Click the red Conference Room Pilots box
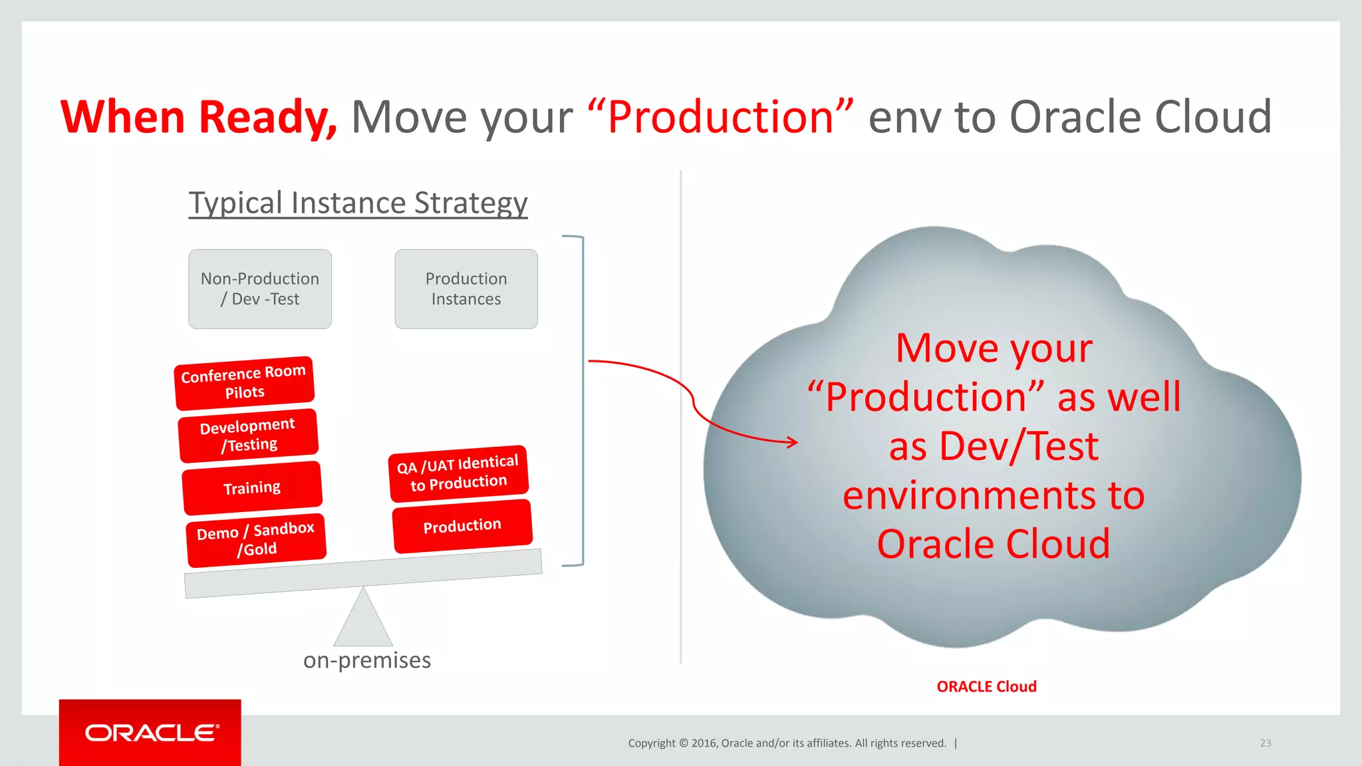244,383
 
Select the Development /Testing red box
248,436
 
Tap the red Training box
252,488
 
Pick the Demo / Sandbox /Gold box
256,540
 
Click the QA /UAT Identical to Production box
458,473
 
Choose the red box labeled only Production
462,526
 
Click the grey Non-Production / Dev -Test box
260,289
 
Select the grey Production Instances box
466,289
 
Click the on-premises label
367,660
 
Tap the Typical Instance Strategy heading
358,203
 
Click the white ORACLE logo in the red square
152,733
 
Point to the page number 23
1265,743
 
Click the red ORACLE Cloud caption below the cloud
986,686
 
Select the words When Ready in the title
199,118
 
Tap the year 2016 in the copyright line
704,743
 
